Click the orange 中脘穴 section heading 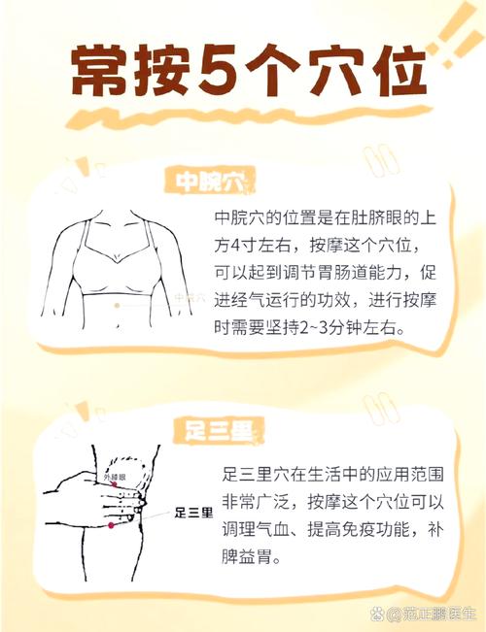[x=209, y=181]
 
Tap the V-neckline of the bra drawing [x=119, y=260]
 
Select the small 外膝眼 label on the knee [x=115, y=478]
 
